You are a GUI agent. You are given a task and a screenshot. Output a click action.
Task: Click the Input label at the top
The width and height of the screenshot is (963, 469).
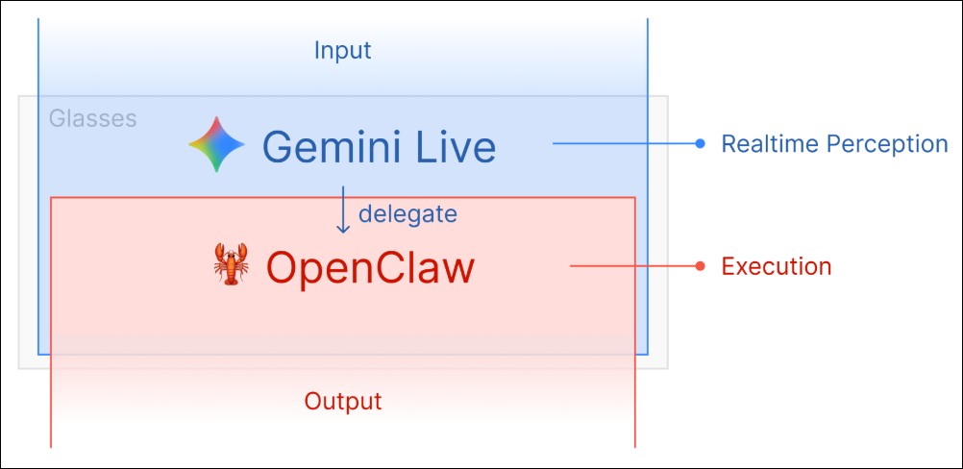342,50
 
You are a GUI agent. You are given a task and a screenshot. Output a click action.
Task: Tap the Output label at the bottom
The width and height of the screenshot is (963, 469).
343,401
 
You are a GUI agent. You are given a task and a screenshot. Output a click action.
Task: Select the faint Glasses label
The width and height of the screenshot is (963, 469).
92,119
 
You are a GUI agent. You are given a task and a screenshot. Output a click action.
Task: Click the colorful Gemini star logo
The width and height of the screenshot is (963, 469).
216,145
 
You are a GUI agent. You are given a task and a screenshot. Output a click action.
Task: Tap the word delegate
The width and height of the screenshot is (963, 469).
407,213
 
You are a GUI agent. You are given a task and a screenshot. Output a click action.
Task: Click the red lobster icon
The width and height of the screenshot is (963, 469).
231,265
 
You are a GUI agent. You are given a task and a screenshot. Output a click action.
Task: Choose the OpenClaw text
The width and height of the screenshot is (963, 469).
370,266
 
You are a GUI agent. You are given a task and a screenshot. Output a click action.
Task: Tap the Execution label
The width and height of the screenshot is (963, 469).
776,266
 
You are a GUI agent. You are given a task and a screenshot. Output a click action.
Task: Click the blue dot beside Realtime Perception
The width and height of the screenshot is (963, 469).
701,144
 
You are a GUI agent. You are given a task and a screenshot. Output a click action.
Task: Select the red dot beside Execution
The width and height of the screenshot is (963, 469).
701,266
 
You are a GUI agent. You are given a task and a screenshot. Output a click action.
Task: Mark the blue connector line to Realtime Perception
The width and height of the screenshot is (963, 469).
625,144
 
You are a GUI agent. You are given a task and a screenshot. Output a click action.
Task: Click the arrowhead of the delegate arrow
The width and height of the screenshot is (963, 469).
342,229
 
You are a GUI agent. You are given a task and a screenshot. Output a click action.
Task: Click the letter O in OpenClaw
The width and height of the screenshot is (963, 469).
283,266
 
